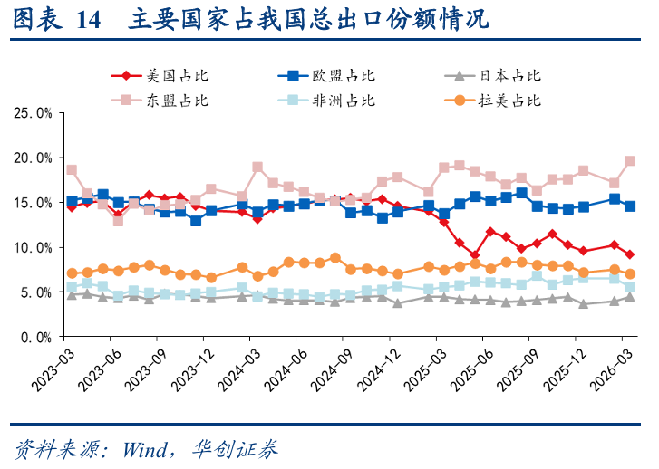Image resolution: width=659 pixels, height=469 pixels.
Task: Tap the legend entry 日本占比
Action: tap(508, 76)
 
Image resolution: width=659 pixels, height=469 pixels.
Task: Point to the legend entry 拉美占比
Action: tap(508, 100)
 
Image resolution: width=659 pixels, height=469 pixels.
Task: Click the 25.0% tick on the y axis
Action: tap(33, 113)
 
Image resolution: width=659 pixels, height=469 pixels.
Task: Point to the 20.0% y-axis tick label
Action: tap(33, 158)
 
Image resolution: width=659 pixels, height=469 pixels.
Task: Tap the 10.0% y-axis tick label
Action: tap(33, 247)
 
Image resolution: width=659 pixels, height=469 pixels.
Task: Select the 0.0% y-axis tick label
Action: tap(36, 337)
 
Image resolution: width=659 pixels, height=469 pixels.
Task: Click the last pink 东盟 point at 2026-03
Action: tap(630, 161)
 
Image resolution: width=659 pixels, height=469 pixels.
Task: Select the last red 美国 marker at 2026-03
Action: tap(630, 254)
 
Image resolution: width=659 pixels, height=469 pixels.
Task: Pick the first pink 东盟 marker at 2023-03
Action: tap(72, 170)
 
